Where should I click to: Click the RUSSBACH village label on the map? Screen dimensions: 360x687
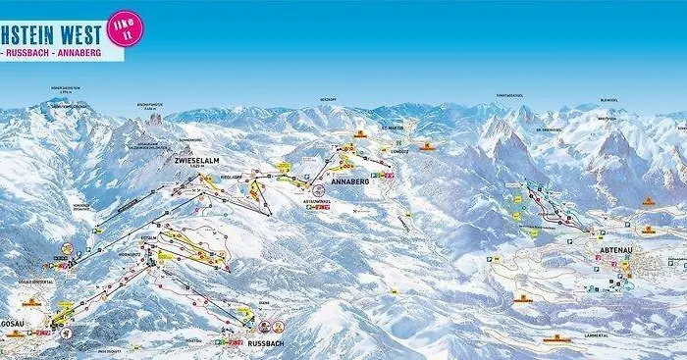265,344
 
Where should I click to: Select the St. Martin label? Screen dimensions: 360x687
392,129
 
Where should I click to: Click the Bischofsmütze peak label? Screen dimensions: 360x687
154,104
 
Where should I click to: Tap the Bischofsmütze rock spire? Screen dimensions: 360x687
155,119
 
